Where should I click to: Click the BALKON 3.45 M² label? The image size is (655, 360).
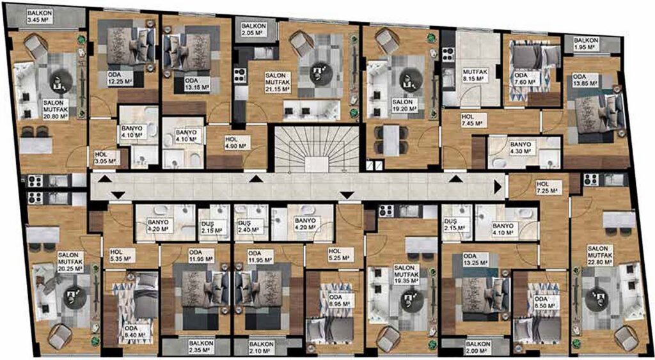point(40,16)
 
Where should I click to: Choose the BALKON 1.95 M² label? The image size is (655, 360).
point(586,44)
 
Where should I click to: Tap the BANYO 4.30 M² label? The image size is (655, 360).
point(520,147)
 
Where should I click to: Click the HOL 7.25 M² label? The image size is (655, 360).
point(548,187)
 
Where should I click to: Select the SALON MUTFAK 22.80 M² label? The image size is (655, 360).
point(600,255)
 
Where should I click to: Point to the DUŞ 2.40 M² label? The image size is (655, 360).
point(248,224)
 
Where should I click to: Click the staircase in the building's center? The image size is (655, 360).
point(316,149)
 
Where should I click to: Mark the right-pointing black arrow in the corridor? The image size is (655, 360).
point(498,186)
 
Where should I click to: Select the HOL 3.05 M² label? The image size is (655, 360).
point(107,157)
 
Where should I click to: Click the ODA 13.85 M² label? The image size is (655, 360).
point(585,80)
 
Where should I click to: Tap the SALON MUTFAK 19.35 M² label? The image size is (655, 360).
point(407,274)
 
